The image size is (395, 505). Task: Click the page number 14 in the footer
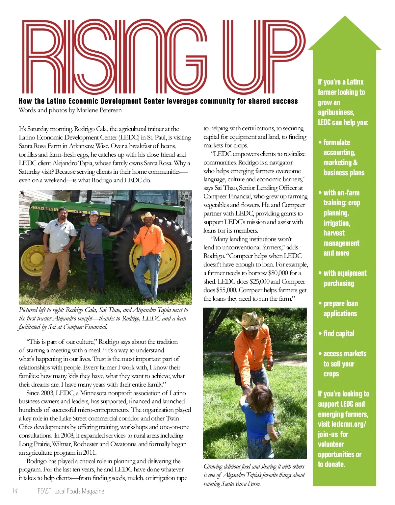(15, 491)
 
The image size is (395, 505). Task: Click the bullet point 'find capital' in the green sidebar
(339, 334)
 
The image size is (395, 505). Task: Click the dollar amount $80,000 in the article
(278, 273)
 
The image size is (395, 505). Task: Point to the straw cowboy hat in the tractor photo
(148, 216)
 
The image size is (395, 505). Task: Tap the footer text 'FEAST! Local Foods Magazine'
(71, 491)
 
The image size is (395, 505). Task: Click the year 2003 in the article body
(47, 393)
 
